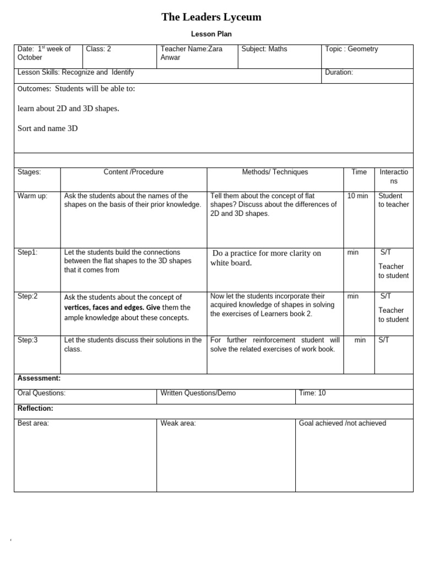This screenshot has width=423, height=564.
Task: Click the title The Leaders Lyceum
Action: point(211,17)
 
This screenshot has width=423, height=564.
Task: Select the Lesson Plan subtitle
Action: point(211,34)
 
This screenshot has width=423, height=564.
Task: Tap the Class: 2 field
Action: point(99,49)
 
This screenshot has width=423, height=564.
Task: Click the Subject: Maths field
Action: point(264,49)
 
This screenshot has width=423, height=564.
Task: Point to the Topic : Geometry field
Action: point(351,49)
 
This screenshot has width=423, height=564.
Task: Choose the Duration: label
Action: point(339,72)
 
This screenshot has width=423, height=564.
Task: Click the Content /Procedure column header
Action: point(133,172)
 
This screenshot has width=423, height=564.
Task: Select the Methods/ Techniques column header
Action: point(275,172)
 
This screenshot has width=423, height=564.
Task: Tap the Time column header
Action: point(359,172)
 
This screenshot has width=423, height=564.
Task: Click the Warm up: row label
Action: point(32,196)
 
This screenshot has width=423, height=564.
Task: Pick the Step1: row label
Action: point(28,252)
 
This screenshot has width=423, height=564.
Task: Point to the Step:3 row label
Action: point(28,340)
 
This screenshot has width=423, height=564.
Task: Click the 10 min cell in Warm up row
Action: point(357,196)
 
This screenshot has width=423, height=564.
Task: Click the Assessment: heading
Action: point(39,378)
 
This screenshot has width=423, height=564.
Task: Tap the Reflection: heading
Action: point(35,408)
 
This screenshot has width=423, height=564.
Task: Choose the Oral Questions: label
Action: point(41,393)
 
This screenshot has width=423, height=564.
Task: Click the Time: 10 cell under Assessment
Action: point(312,393)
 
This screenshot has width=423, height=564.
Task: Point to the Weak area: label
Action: point(178,423)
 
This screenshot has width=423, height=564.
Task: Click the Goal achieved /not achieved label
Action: point(342,423)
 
